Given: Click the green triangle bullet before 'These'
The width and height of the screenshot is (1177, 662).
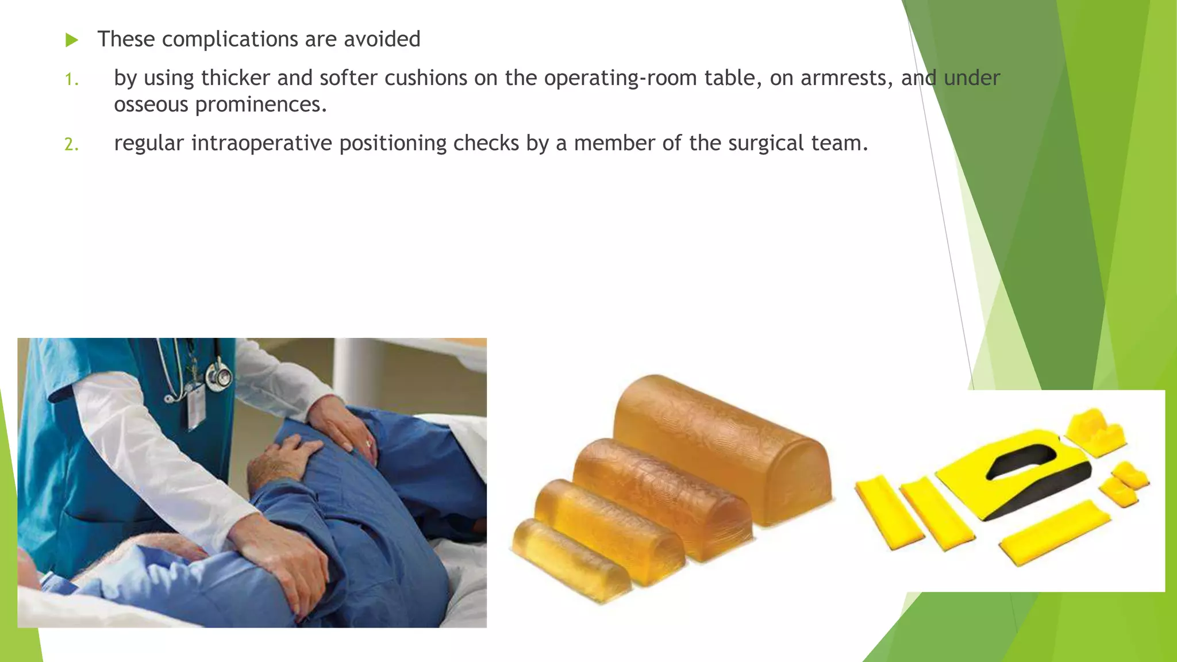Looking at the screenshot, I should click(x=72, y=40).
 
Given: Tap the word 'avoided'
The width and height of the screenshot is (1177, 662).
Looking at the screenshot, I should click(x=382, y=40).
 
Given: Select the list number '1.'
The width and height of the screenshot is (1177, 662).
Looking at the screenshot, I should click(x=71, y=79).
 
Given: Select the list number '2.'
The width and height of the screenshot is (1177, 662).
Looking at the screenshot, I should click(x=71, y=144).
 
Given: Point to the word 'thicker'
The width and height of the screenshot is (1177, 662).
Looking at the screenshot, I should click(x=236, y=78).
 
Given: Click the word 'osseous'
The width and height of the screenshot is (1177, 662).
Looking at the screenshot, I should click(x=151, y=105).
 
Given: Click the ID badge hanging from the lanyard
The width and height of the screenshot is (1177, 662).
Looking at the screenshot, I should click(x=196, y=408).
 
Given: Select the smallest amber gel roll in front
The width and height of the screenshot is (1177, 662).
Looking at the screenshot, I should click(x=569, y=557).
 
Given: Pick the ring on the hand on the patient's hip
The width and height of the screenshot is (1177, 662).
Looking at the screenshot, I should click(x=368, y=443).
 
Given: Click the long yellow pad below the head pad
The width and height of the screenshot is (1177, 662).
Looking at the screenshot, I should click(x=1055, y=531).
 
